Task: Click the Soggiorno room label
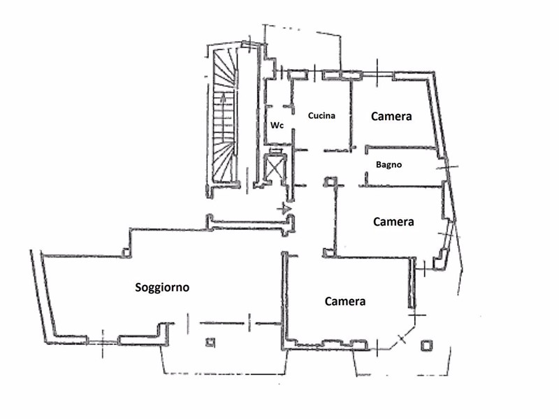(x=162, y=287)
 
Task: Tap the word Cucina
(x=321, y=115)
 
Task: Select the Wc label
(x=277, y=126)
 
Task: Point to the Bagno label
(x=389, y=165)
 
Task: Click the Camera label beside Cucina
(x=391, y=116)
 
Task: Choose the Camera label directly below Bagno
(x=393, y=221)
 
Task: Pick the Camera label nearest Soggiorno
(x=345, y=302)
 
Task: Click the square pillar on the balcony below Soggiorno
(x=210, y=342)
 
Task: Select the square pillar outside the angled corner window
(x=426, y=346)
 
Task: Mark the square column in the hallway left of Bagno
(x=331, y=182)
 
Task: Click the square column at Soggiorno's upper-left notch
(x=126, y=252)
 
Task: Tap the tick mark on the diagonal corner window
(x=402, y=339)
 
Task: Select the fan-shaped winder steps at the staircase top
(x=224, y=68)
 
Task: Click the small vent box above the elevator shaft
(x=275, y=151)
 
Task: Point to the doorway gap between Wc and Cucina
(x=293, y=121)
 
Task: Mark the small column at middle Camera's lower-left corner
(x=328, y=253)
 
